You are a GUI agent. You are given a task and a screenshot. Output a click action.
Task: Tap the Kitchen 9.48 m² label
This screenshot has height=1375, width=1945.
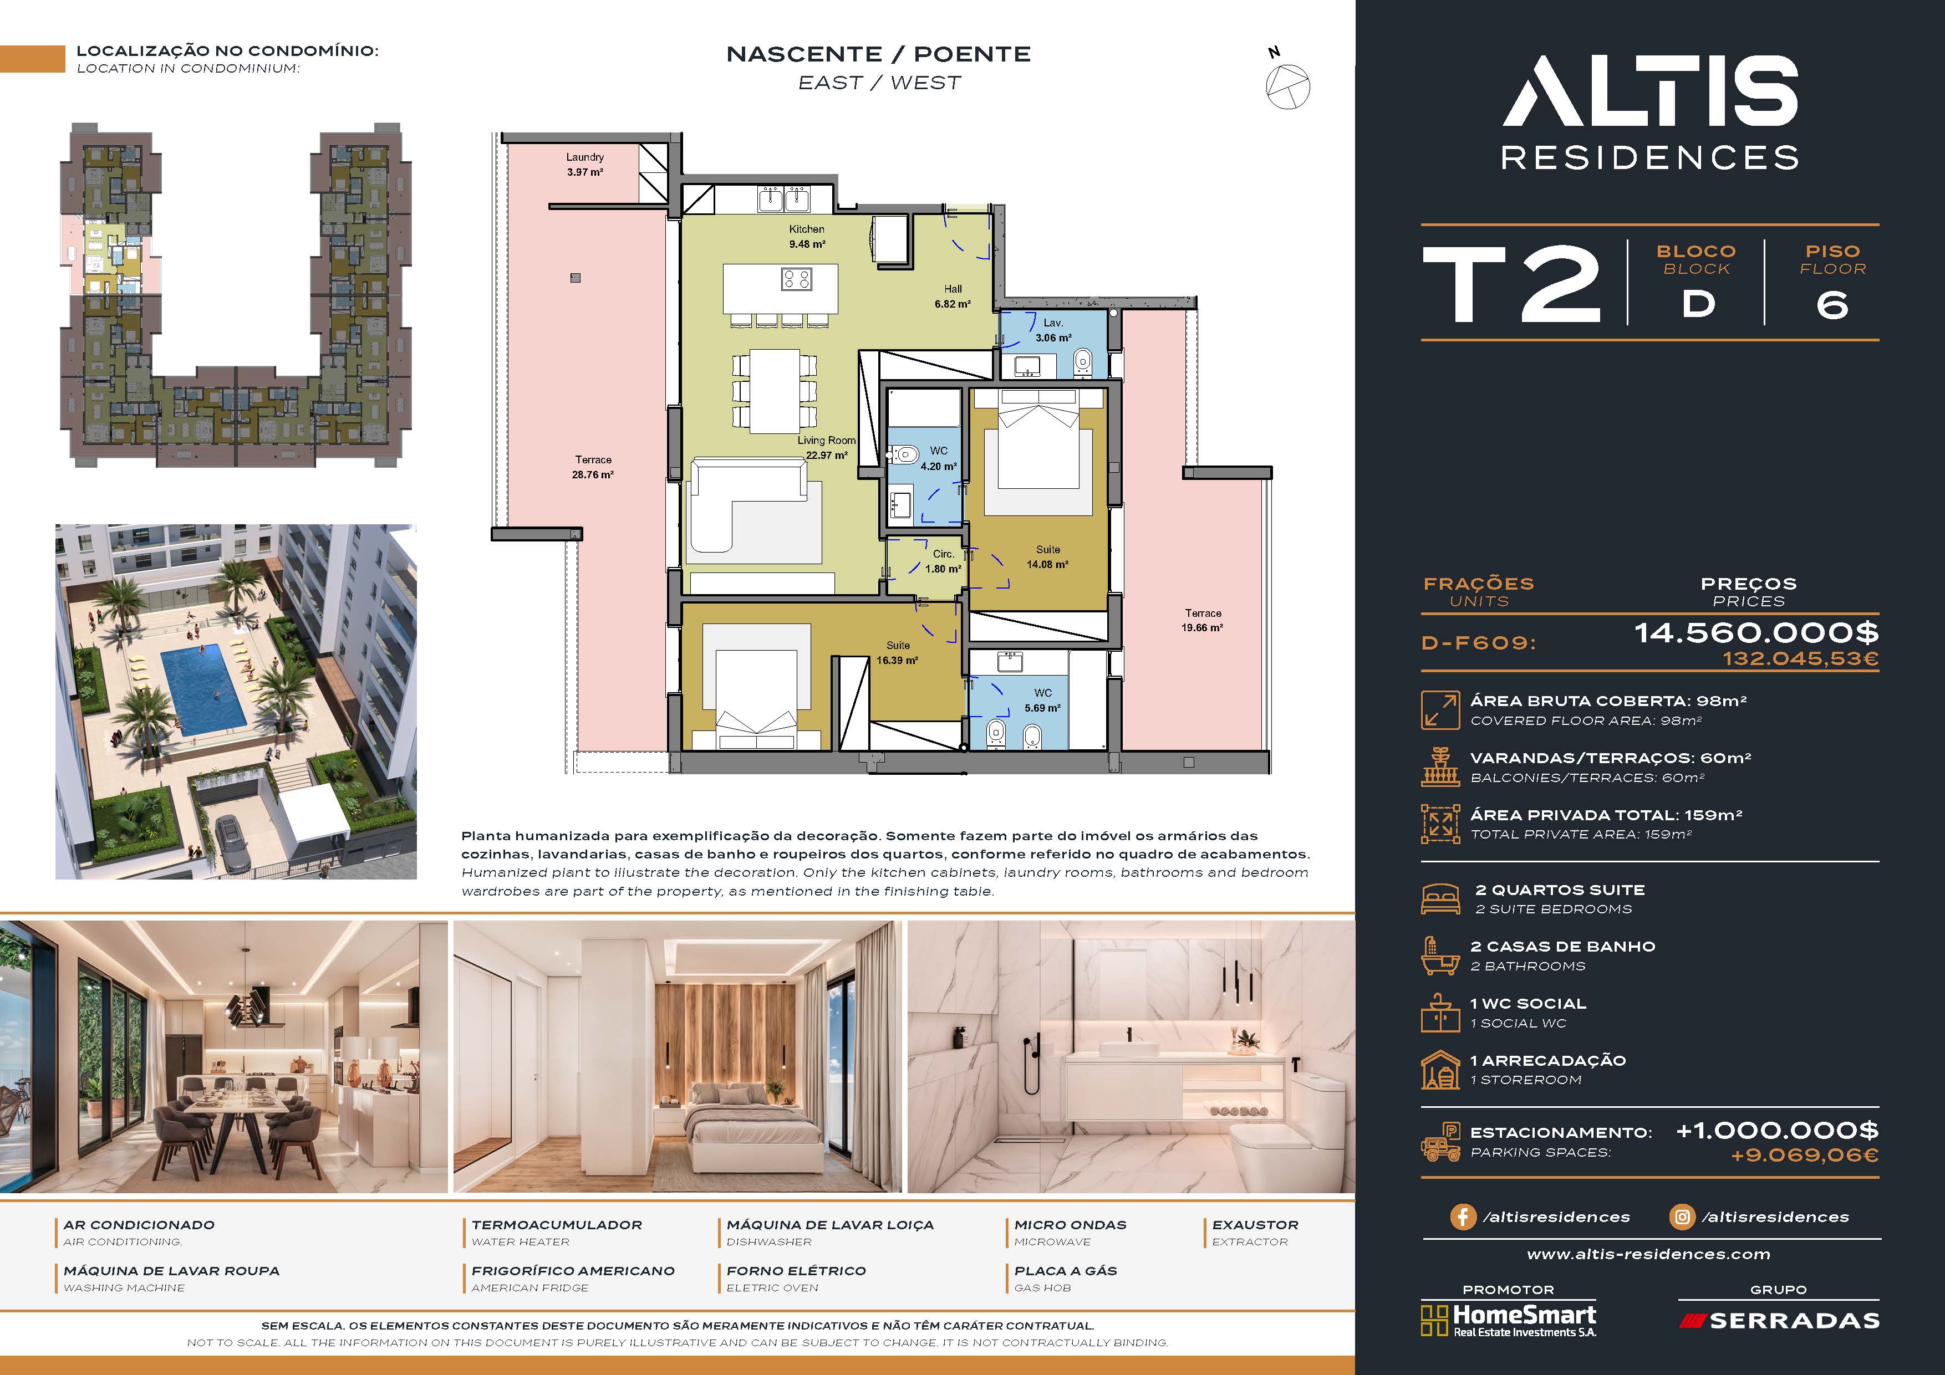tap(807, 236)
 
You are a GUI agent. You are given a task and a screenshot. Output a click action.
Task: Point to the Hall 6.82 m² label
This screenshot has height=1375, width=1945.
tap(953, 297)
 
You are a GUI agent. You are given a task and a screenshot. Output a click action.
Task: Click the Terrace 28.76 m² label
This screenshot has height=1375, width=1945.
tap(593, 467)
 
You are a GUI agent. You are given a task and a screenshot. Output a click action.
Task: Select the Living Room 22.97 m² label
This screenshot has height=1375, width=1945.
tap(827, 448)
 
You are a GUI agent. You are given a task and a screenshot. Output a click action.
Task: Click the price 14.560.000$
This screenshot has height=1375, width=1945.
tap(1756, 632)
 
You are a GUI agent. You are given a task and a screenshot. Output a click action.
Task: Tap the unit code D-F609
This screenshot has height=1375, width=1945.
tap(1478, 643)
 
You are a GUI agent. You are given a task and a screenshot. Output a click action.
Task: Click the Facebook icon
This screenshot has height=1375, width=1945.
tap(1463, 1216)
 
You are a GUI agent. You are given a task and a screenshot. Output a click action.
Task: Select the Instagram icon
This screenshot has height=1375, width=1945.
tap(1682, 1216)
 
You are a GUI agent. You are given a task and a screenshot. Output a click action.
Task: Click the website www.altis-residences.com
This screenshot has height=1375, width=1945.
tap(1648, 1254)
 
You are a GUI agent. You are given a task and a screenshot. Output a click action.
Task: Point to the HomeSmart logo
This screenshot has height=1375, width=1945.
tap(1508, 1321)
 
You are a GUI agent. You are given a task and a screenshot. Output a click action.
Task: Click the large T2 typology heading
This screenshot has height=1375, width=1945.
tap(1512, 284)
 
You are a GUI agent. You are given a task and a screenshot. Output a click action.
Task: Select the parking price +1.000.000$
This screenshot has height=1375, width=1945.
tap(1776, 1130)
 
